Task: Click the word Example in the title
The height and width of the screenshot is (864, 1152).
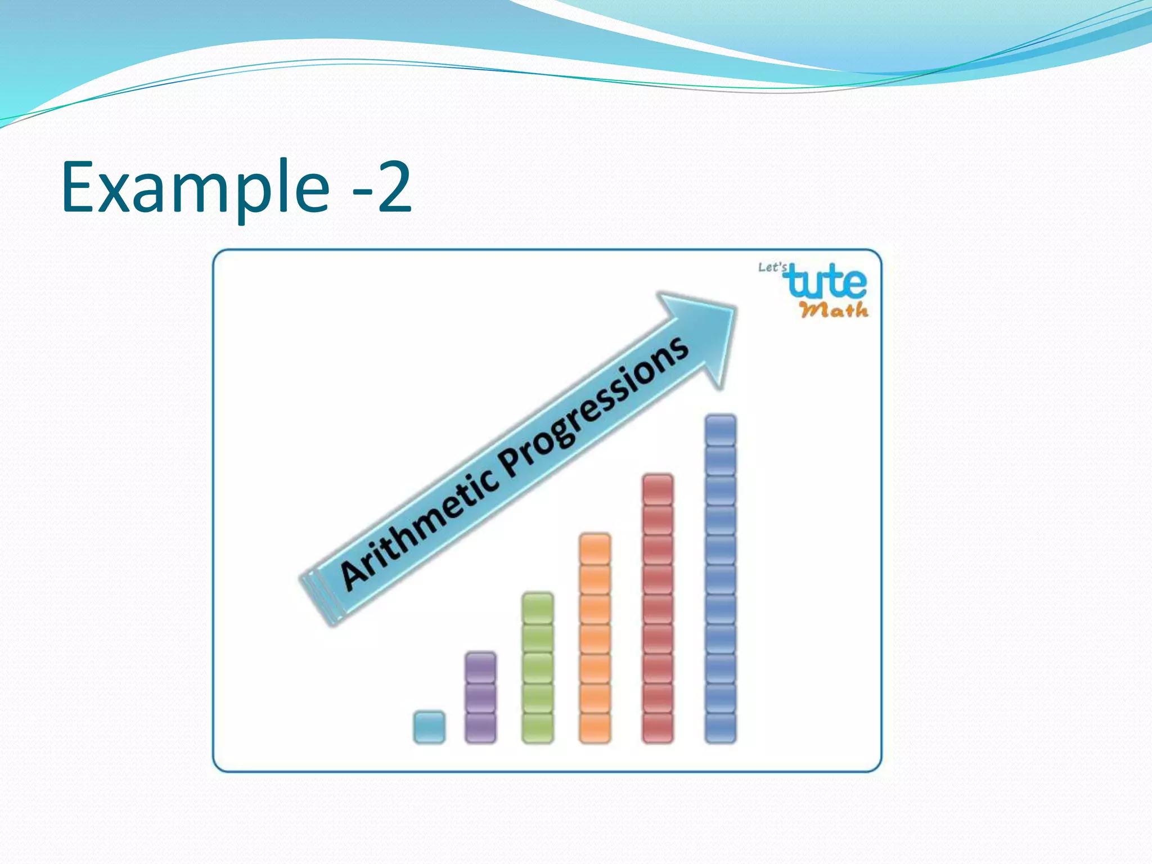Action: point(194,187)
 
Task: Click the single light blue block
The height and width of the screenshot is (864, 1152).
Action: point(429,727)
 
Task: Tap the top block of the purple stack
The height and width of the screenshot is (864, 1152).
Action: point(481,667)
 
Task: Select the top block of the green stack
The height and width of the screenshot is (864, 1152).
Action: point(538,607)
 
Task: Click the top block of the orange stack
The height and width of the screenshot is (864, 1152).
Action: point(595,548)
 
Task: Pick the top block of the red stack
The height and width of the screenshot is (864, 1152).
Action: point(658,489)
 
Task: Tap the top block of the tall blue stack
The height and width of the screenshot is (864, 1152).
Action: point(721,430)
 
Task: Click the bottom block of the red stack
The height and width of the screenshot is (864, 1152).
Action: point(658,727)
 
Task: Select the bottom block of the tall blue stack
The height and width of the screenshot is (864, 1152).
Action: point(721,727)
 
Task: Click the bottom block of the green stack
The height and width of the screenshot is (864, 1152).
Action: point(538,727)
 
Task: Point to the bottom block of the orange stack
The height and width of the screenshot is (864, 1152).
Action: point(595,727)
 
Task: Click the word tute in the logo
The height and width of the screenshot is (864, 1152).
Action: point(827,282)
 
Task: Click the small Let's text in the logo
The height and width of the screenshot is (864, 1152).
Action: point(772,267)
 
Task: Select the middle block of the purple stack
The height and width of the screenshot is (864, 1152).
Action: point(481,697)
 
